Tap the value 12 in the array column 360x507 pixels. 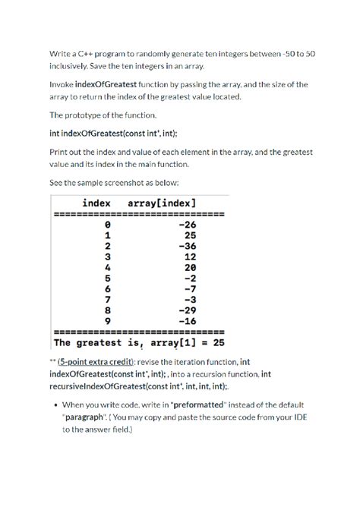(190, 257)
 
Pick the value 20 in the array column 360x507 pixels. (190, 268)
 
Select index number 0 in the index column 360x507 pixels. (107, 225)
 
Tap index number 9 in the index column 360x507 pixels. (107, 321)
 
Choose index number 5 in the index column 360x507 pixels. (107, 279)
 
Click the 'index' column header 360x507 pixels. (96, 203)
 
